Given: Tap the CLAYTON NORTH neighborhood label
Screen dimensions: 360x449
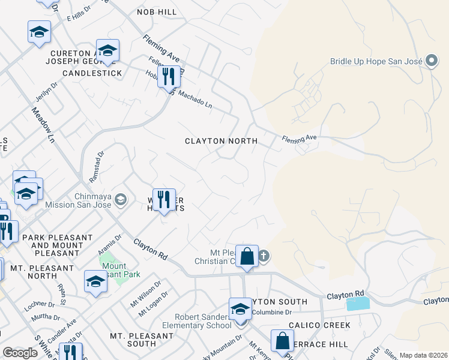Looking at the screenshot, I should click(x=221, y=141).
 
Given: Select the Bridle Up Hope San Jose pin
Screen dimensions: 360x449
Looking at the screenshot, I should click(x=431, y=61).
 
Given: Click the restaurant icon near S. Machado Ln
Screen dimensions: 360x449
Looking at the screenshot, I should click(x=169, y=76).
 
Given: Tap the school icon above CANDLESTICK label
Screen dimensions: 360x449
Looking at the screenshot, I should click(x=107, y=50).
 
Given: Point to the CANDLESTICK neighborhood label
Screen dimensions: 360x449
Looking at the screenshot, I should click(x=92, y=73).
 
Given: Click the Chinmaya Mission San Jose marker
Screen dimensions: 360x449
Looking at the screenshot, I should click(x=121, y=199).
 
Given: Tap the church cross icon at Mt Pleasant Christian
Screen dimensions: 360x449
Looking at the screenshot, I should click(x=264, y=257).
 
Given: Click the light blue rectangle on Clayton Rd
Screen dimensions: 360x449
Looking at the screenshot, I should click(x=358, y=304).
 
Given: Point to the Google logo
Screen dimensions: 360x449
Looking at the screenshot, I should click(x=20, y=353).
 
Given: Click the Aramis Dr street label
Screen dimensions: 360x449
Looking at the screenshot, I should click(x=109, y=244).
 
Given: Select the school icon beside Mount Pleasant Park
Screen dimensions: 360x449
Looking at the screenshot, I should click(x=95, y=282).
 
